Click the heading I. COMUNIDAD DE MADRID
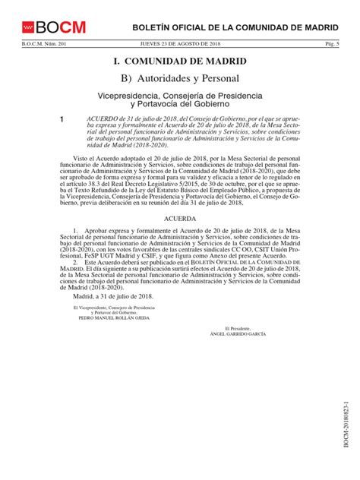click(179, 62)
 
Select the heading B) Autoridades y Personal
click(179, 78)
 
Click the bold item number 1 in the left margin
click(52, 120)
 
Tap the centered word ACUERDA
click(180, 216)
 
